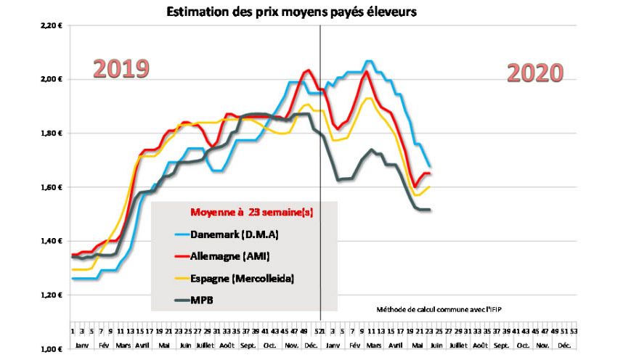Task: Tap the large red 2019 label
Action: [121, 69]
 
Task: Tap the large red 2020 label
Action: [535, 73]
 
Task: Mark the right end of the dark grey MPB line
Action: [430, 210]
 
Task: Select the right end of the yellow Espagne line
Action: [430, 187]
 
